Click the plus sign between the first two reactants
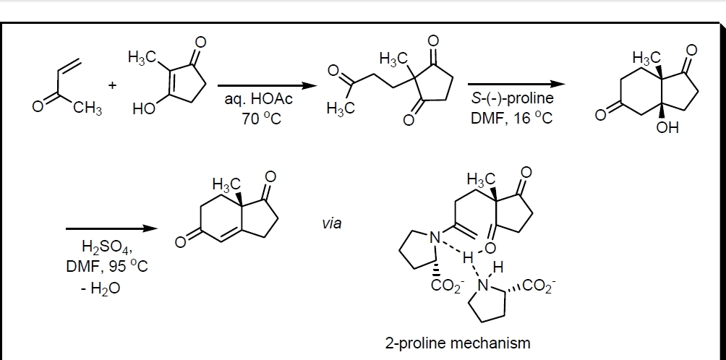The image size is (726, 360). pyautogui.click(x=112, y=85)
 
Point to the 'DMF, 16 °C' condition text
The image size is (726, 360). pyautogui.click(x=512, y=118)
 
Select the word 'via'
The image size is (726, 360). pyautogui.click(x=332, y=223)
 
